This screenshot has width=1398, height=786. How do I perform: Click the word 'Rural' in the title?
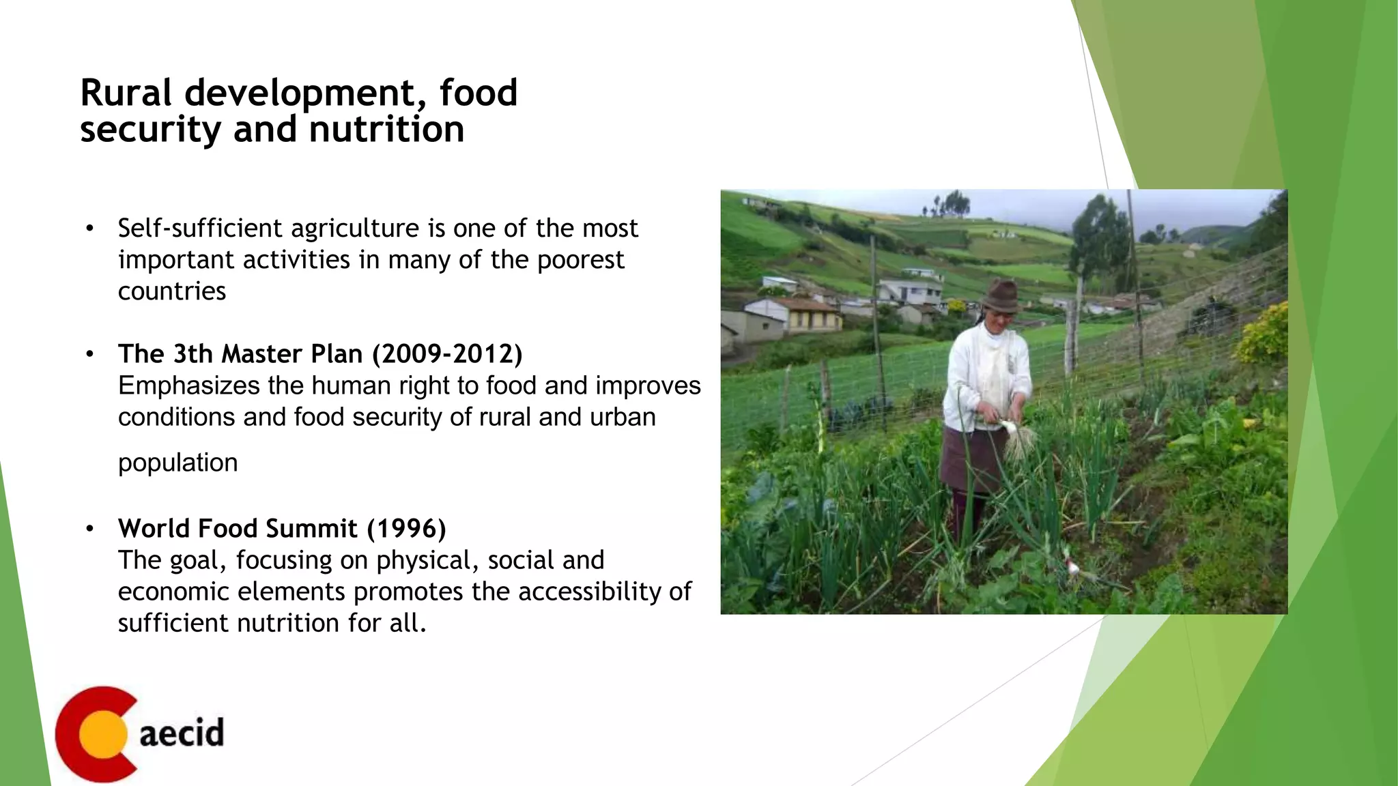click(x=126, y=93)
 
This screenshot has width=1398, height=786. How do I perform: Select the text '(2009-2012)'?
click(x=447, y=354)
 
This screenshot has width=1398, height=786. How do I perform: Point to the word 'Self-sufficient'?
click(x=200, y=228)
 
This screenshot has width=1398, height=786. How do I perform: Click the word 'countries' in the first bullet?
click(x=171, y=291)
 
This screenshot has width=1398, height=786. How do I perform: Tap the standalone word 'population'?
click(x=177, y=463)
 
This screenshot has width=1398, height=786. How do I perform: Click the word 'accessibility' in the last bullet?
click(x=590, y=592)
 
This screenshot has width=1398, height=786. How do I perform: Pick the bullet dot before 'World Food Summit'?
click(x=89, y=529)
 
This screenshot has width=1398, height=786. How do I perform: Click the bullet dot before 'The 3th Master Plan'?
click(x=89, y=354)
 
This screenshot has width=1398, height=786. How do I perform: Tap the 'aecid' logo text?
click(x=182, y=733)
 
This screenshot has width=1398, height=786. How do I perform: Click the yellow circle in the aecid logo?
click(x=102, y=734)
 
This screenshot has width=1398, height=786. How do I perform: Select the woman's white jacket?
click(x=983, y=375)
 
